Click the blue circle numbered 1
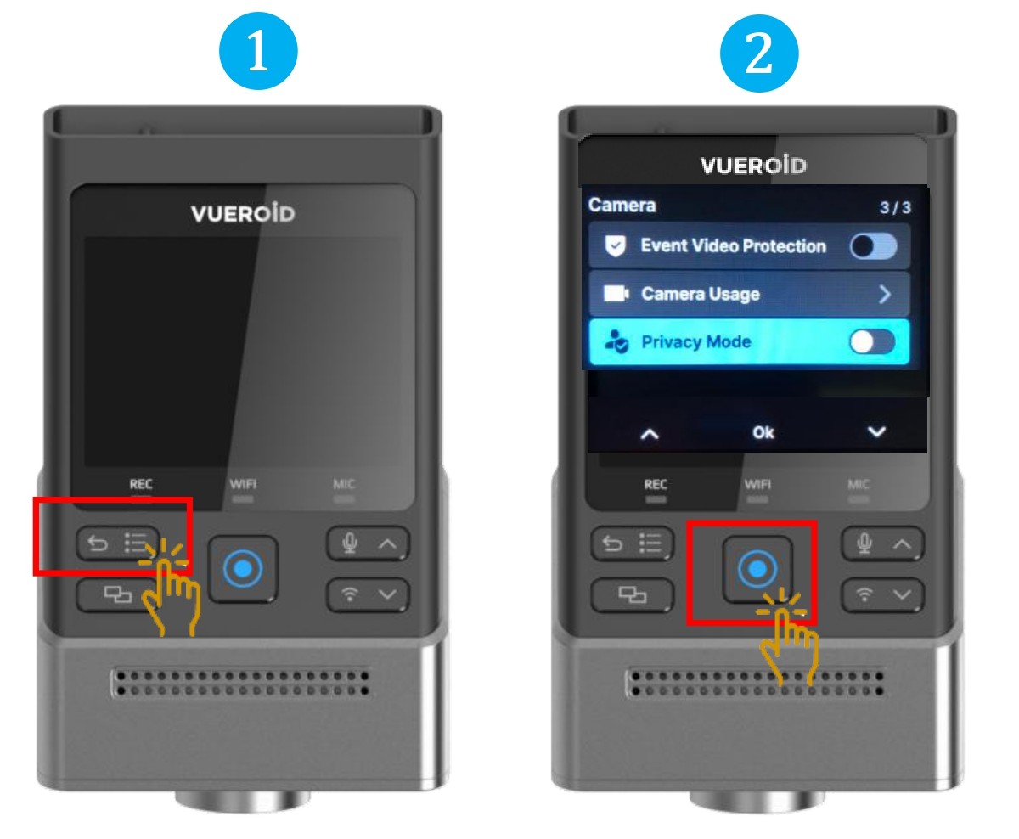tap(258, 51)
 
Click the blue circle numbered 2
tap(758, 53)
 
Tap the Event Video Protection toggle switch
tap(873, 246)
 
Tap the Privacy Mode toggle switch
tap(872, 342)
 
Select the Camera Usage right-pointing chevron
tap(884, 294)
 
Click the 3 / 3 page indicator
tap(895, 208)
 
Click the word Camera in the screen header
tap(622, 206)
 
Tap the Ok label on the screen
tap(763, 432)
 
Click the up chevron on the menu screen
tap(650, 434)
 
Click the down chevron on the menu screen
tap(876, 431)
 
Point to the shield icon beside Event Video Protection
tap(615, 246)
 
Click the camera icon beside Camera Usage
tap(616, 293)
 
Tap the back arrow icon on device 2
tap(612, 543)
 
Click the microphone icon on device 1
tap(350, 543)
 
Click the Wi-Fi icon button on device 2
tap(864, 594)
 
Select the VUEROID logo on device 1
tap(243, 213)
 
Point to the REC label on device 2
tap(656, 484)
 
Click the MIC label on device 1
tap(344, 484)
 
